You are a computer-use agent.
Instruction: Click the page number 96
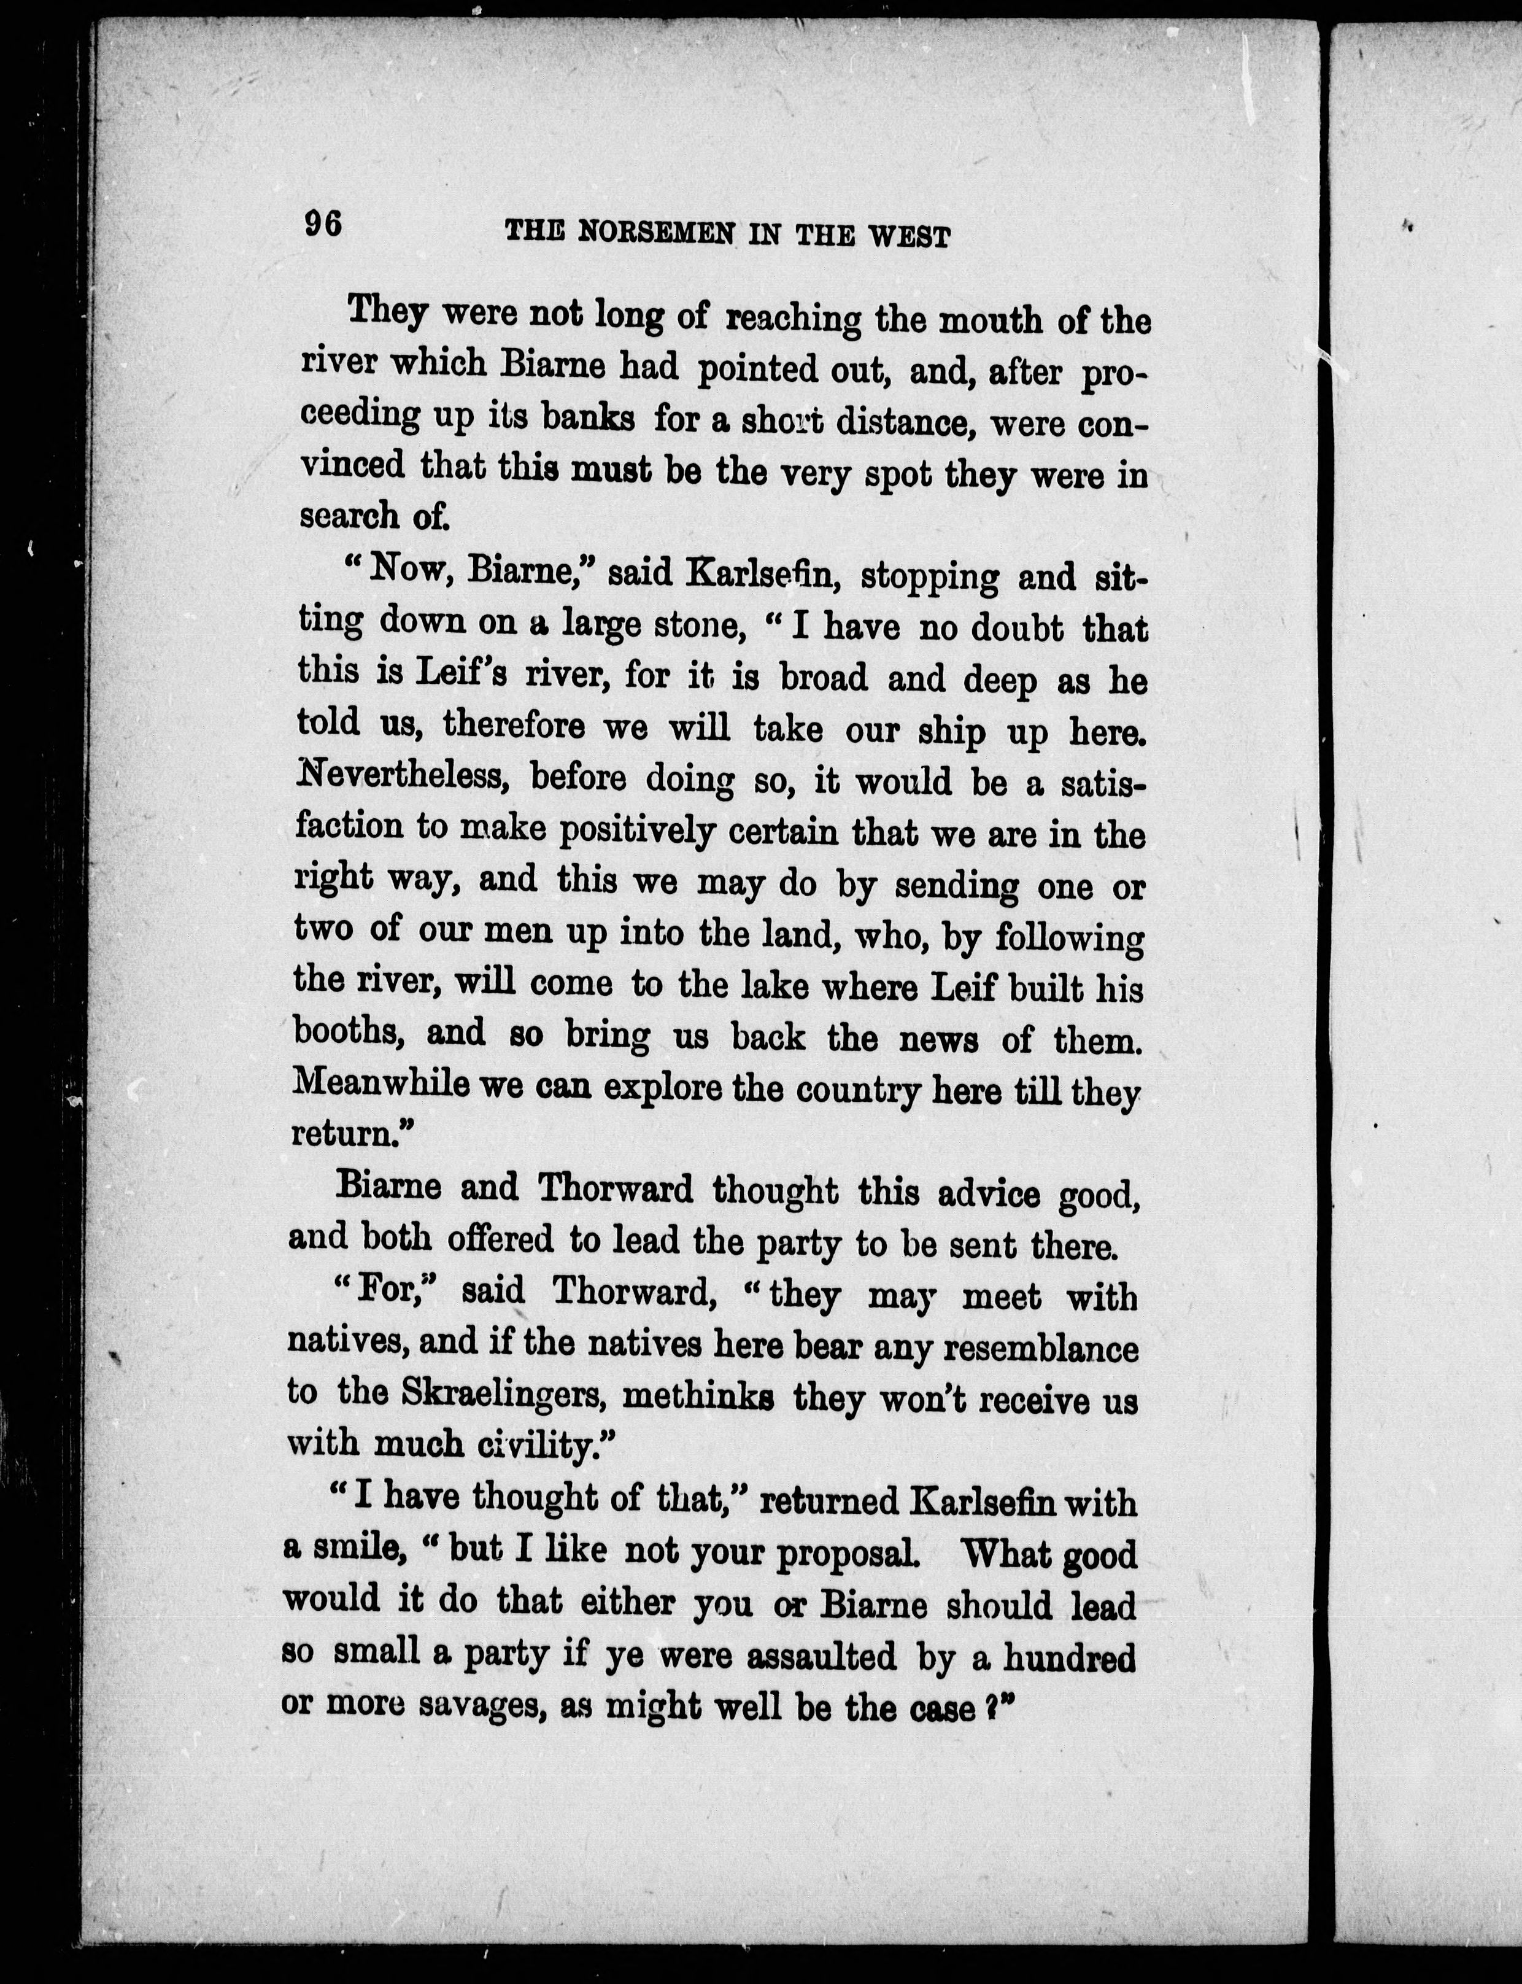[x=323, y=223]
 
